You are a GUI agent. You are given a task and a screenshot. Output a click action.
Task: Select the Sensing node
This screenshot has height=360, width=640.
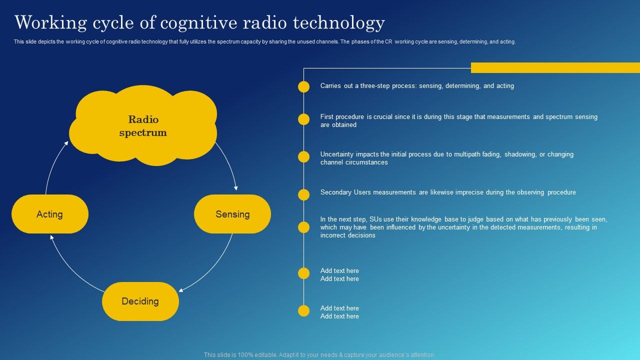coord(232,214)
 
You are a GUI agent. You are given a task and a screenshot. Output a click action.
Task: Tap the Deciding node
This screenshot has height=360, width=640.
coord(140,301)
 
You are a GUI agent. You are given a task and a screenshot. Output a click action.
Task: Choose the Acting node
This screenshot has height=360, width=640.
coord(50,214)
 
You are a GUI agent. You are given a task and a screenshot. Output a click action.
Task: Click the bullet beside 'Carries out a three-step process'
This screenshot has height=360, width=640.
coord(304,87)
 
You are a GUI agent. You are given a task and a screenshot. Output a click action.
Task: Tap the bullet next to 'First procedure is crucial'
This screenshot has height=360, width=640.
coord(304,119)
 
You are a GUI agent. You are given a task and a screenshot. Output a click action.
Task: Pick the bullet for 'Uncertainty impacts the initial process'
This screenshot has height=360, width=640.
coord(304,157)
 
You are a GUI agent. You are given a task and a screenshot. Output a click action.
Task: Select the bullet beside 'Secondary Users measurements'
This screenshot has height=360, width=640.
coord(304,194)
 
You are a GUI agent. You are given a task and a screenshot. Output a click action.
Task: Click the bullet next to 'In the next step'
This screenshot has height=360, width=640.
coord(304,227)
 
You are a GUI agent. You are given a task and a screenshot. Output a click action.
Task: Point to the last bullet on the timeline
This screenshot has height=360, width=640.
coord(304,311)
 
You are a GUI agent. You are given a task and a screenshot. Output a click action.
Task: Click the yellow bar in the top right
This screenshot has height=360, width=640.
coord(555,67)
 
